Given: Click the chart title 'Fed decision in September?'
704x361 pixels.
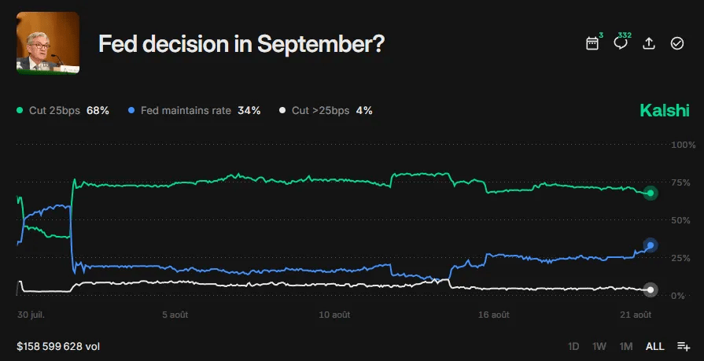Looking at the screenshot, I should pyautogui.click(x=241, y=44).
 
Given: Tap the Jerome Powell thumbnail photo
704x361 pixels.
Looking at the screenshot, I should pyautogui.click(x=48, y=43).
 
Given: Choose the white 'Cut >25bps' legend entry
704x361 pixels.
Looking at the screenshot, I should pyautogui.click(x=326, y=111).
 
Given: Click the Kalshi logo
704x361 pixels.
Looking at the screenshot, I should pyautogui.click(x=665, y=111).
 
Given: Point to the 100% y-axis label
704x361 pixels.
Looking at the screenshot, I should pyautogui.click(x=683, y=146).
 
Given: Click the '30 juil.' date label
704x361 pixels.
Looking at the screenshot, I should pyautogui.click(x=31, y=315).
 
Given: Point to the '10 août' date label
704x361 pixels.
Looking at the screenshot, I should pyautogui.click(x=335, y=315).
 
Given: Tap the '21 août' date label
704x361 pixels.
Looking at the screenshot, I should pyautogui.click(x=637, y=315).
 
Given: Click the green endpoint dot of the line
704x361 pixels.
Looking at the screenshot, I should pyautogui.click(x=651, y=193).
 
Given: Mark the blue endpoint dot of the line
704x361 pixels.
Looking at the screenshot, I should pyautogui.click(x=651, y=245).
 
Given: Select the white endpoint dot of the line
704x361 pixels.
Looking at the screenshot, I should pyautogui.click(x=651, y=289).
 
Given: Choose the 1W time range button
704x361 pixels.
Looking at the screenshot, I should pyautogui.click(x=599, y=346).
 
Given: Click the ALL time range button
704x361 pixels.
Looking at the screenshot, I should pyautogui.click(x=654, y=346).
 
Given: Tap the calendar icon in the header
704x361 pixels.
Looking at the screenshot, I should pyautogui.click(x=592, y=43).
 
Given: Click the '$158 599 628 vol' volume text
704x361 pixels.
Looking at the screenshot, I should pyautogui.click(x=58, y=346).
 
